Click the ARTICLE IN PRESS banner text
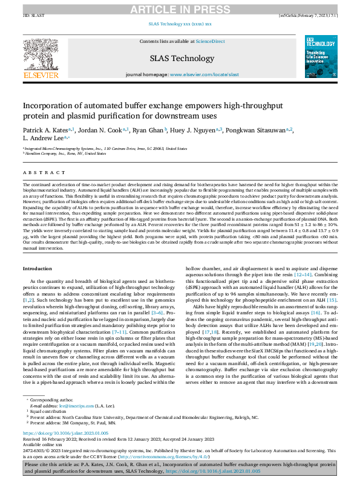coord(180,7)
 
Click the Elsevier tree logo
coord(40,57)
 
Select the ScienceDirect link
coord(209,41)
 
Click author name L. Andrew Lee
coord(44,138)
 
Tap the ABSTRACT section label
coord(37,173)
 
